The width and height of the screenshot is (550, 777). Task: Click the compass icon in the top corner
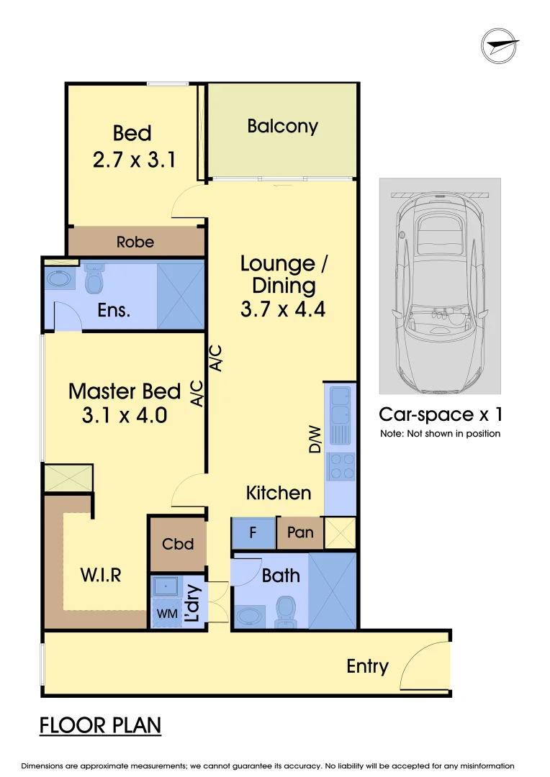click(500, 47)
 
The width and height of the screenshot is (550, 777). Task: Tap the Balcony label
click(282, 127)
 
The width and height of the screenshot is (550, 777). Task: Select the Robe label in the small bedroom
click(135, 242)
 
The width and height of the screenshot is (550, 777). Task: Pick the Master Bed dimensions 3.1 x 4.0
click(125, 415)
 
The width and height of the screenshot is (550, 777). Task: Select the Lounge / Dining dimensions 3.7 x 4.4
click(283, 310)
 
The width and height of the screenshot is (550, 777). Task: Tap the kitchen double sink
click(340, 415)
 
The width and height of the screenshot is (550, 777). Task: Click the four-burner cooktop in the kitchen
click(341, 465)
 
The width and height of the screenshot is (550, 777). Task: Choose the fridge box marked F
click(253, 533)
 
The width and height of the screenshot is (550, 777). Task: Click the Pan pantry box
click(300, 533)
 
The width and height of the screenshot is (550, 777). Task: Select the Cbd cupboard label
click(178, 544)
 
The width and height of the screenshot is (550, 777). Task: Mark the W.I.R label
click(100, 575)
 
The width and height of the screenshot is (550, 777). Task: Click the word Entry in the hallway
click(367, 666)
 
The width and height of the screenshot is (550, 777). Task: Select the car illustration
click(440, 286)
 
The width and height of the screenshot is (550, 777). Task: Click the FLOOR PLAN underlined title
click(100, 725)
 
